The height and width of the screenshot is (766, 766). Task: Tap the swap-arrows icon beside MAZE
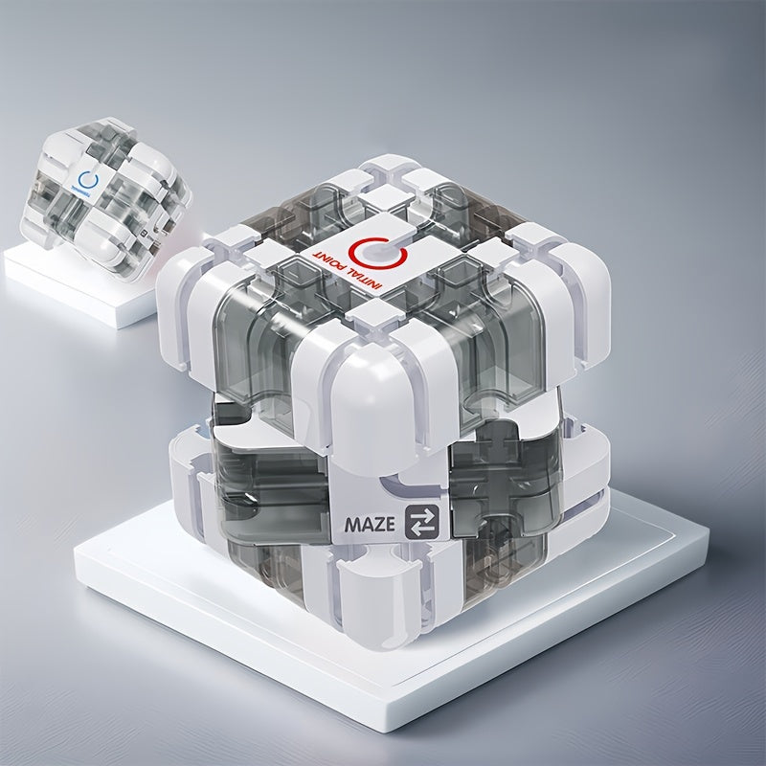coord(420,523)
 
